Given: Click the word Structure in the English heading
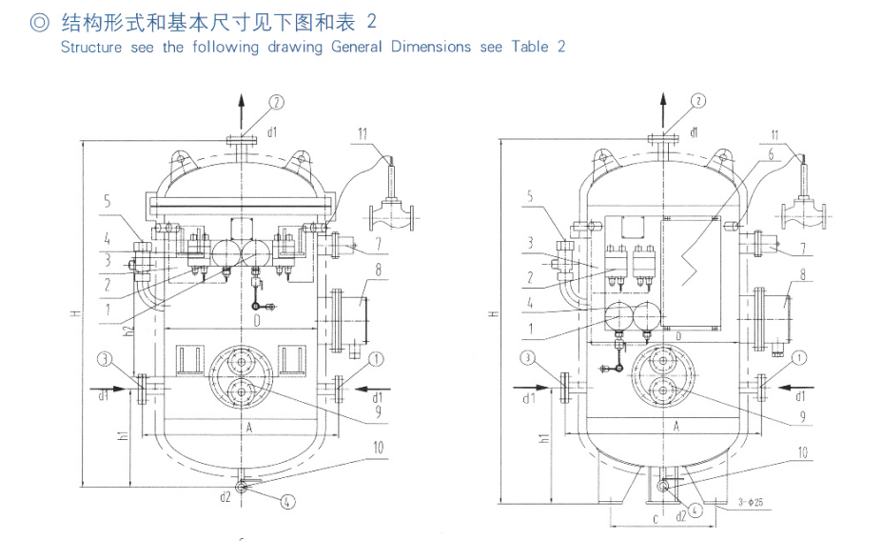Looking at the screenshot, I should point(91,47).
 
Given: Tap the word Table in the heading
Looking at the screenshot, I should point(529,47).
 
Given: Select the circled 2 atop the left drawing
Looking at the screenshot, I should point(275,101).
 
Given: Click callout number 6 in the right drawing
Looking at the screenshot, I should point(772,152).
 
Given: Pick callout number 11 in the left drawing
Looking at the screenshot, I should point(364,131).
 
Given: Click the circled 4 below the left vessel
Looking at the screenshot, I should point(287,503).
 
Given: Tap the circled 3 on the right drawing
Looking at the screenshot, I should point(528,358).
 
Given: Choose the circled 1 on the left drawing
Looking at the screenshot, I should point(378,358).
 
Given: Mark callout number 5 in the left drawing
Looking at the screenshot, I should point(108,201).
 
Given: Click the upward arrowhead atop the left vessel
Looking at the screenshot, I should point(241,99).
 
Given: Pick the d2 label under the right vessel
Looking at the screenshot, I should point(679,516).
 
